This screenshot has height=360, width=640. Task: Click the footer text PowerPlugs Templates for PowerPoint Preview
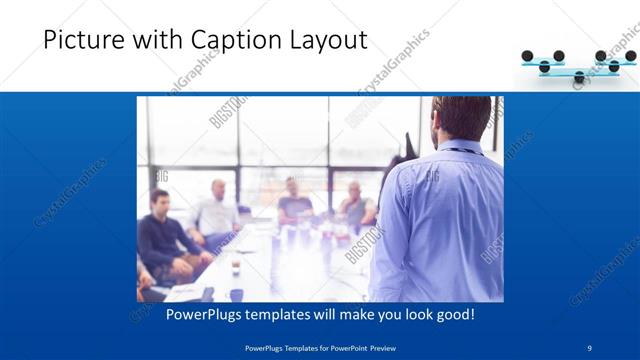(x=320, y=347)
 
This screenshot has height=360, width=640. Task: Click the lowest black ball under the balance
(x=578, y=77)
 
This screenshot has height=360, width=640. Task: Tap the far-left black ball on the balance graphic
(x=530, y=57)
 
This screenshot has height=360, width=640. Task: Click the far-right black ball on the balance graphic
(x=630, y=57)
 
